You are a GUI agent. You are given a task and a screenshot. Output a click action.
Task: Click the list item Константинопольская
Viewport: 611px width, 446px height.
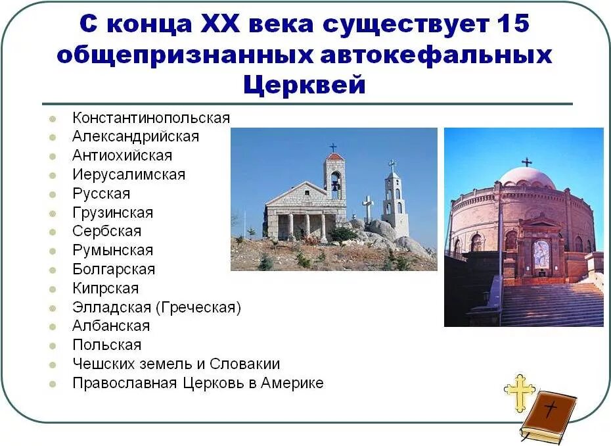tap(151, 118)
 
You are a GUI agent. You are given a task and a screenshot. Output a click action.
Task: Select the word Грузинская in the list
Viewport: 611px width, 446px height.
tap(112, 213)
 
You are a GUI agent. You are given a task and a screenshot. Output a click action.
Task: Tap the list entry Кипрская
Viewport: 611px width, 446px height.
tap(105, 289)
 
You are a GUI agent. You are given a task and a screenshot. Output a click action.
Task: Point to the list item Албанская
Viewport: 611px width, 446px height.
tap(111, 326)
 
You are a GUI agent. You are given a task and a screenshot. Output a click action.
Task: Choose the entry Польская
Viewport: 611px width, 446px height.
tap(106, 345)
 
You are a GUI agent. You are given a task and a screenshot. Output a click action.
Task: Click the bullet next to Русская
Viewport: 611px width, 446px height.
tap(52, 195)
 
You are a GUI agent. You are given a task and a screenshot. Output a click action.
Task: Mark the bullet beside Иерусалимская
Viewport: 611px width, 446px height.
tap(52, 176)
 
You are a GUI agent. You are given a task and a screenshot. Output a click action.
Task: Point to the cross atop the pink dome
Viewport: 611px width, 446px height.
tap(526, 162)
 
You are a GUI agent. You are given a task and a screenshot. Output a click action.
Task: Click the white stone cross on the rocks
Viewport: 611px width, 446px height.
tap(367, 207)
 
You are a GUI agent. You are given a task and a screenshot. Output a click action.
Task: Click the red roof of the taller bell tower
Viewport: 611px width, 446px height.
tap(335, 157)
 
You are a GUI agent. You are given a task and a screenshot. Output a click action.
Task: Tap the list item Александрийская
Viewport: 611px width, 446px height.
tap(135, 137)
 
